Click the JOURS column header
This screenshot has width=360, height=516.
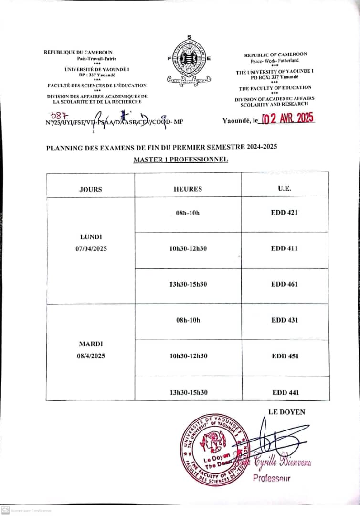(91, 189)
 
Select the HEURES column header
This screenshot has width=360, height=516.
(188, 189)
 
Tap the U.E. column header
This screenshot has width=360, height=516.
(285, 189)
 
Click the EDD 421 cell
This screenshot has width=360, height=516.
(285, 213)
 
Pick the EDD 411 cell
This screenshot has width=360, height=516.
(285, 248)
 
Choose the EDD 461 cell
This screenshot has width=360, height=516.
(285, 284)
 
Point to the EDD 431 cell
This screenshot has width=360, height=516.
(285, 320)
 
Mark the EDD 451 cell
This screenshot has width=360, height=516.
(286, 356)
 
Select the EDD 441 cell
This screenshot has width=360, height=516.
(286, 392)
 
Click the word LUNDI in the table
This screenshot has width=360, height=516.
(91, 237)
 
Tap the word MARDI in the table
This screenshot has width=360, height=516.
(92, 344)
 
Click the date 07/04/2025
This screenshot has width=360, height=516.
(91, 248)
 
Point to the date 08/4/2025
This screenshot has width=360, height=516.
(92, 356)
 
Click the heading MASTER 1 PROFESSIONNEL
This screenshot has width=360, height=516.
(180, 159)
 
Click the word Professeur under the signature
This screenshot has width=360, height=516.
(271, 478)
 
